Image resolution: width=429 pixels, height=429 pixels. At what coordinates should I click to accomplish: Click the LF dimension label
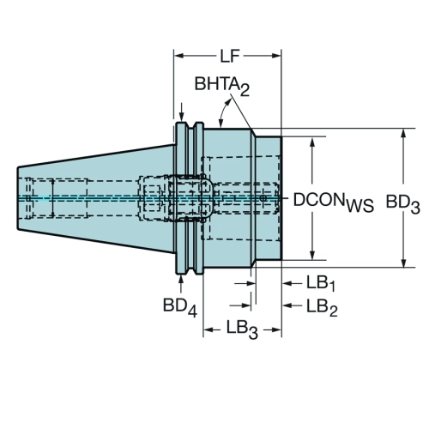[x=229, y=57]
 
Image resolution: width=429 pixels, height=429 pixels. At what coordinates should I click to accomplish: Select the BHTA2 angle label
[x=222, y=86]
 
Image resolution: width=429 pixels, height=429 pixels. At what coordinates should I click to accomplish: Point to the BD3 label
[x=402, y=203]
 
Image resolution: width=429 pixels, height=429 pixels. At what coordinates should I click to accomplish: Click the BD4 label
[x=180, y=307]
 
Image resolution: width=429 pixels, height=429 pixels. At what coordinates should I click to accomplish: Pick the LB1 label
[x=321, y=284]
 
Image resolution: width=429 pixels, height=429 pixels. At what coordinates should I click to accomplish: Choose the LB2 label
[x=322, y=307]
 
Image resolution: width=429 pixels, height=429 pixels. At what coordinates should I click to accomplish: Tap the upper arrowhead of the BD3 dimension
[x=403, y=134]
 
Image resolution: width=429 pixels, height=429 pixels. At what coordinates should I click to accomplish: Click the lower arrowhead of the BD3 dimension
[x=403, y=263]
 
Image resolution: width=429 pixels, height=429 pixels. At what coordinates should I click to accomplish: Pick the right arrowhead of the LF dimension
[x=276, y=56]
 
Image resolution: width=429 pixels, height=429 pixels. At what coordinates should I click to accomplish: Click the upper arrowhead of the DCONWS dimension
[x=312, y=142]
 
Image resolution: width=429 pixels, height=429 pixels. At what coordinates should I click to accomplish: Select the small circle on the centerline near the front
[x=263, y=198]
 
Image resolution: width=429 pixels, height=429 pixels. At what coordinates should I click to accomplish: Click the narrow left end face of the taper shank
[x=18, y=198]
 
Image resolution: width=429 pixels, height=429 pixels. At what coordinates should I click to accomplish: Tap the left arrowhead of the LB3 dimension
[x=208, y=330]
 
